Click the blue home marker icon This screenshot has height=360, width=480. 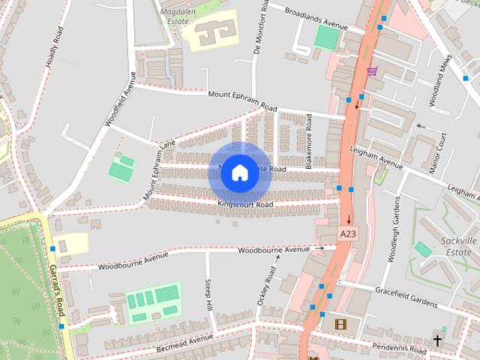coord(239,173)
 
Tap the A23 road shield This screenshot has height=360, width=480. coord(346,235)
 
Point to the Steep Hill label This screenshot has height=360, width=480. coord(209,294)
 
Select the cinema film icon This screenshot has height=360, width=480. coord(340,325)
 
